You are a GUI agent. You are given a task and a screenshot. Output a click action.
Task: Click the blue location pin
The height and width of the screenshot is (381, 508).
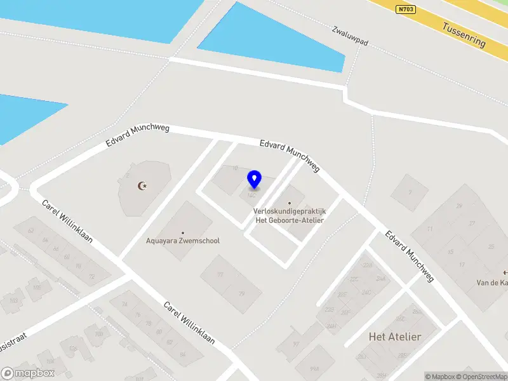255,180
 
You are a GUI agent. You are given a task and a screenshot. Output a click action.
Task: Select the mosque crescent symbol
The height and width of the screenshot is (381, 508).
143,185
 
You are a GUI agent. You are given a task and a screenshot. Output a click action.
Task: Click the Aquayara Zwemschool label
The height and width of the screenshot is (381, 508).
184,241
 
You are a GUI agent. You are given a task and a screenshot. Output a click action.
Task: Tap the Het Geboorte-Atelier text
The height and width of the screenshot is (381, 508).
289,220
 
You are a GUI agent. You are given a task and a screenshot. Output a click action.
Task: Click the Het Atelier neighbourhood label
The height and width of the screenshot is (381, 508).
394,337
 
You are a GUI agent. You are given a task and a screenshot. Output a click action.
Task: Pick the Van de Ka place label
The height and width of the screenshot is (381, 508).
493,283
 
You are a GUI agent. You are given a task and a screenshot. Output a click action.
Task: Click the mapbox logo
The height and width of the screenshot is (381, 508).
28,373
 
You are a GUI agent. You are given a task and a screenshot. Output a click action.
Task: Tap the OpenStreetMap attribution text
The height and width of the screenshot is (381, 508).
481,377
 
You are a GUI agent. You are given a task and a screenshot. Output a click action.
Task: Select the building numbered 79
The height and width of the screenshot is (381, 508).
241,293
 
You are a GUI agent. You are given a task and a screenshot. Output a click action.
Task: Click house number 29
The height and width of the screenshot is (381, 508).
458,206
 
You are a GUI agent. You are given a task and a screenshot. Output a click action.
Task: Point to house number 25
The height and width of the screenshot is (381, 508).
490,246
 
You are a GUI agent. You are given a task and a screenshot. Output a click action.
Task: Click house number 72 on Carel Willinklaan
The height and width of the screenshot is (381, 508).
91,277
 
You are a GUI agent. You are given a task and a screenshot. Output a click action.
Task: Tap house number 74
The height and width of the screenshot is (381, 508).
124,305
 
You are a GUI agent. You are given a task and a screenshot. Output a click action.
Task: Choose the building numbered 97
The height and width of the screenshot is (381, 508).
220,275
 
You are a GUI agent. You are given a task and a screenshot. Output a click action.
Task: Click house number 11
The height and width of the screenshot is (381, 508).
430,229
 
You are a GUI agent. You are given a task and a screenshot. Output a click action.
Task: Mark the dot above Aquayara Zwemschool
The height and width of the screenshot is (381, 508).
184,233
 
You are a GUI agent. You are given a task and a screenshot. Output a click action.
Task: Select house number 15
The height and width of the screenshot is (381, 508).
451,252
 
